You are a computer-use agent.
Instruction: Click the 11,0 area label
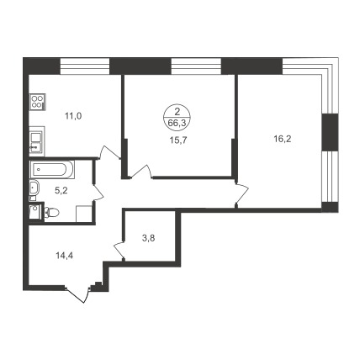73,116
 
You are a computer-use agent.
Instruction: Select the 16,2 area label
283,139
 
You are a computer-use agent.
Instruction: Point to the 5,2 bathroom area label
61,191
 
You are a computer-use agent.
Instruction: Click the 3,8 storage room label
149,238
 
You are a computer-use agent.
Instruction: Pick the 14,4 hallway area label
65,256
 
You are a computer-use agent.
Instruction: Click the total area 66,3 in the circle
177,123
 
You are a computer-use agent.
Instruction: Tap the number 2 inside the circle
177,113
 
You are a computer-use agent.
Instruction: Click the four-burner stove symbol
38,102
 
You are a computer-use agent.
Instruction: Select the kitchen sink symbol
37,141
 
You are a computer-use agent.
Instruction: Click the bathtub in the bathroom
52,169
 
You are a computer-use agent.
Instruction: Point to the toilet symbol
51,212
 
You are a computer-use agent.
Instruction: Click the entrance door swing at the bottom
78,294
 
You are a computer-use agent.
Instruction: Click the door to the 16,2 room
242,193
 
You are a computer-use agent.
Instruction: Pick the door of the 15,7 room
140,172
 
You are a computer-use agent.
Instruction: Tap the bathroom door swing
98,193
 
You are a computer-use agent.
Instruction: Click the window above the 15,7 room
196,66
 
